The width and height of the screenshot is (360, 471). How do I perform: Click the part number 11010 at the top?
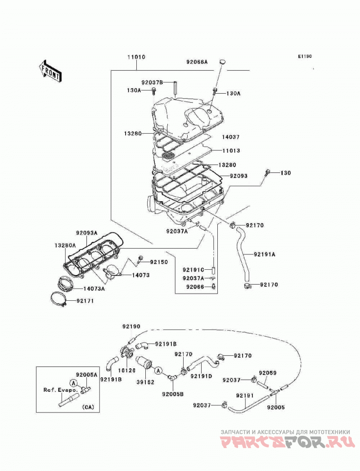point(136,57)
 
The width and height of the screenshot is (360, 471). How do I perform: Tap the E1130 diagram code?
point(305,56)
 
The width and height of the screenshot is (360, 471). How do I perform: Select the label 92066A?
point(197,62)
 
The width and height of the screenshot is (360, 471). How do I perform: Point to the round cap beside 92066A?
point(222,62)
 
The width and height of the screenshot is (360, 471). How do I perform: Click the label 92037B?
point(152,82)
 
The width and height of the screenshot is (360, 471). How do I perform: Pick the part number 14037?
point(230,137)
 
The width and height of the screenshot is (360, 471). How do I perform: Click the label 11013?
point(231,150)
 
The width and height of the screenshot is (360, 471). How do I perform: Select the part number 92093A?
point(87,233)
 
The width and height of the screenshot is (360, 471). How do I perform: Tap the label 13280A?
point(65,245)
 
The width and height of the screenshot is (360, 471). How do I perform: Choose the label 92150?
point(159,262)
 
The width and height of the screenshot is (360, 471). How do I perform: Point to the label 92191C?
point(193,270)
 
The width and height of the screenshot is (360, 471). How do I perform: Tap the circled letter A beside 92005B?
point(158,371)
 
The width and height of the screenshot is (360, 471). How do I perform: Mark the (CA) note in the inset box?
point(88,407)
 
